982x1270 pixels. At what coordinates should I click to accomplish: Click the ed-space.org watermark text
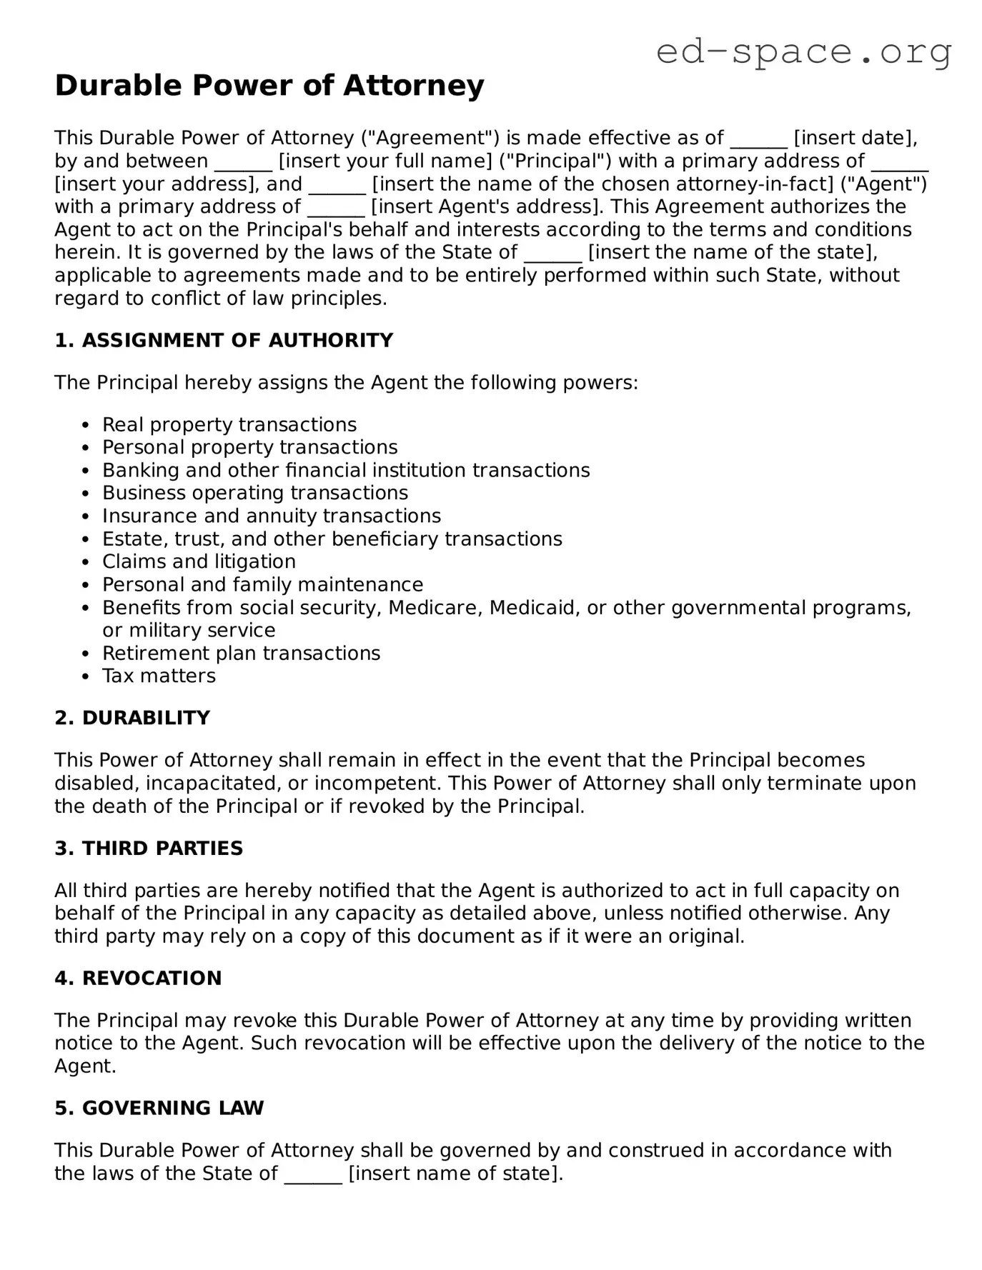click(x=803, y=51)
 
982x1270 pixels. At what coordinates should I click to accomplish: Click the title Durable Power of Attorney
click(x=269, y=86)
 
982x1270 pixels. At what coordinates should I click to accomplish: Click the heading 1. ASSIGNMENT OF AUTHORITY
click(x=224, y=341)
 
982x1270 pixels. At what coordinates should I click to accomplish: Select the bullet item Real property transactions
click(x=229, y=425)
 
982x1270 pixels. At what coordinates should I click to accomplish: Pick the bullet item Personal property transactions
click(x=249, y=448)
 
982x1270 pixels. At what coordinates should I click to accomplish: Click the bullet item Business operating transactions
click(x=254, y=494)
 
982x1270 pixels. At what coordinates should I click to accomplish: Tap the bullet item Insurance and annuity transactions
click(x=271, y=516)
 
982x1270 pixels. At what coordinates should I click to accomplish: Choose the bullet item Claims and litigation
click(x=199, y=562)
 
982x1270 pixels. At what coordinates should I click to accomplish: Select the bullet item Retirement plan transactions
click(x=241, y=654)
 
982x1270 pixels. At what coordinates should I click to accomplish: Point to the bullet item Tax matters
click(x=159, y=676)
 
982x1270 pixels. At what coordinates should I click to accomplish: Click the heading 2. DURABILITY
click(x=132, y=719)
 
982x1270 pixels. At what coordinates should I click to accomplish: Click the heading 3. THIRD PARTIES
click(x=149, y=849)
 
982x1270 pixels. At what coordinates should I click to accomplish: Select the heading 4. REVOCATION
click(x=138, y=979)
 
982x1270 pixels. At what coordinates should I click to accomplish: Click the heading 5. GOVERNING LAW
click(x=159, y=1109)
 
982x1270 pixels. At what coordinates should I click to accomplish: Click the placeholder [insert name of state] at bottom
click(x=455, y=1174)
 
